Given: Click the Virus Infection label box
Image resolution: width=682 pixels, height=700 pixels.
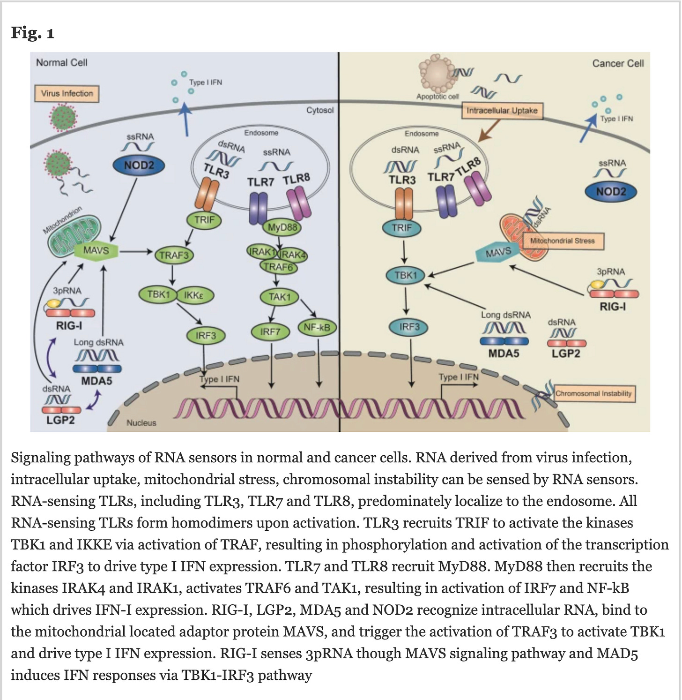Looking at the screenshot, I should pyautogui.click(x=67, y=93).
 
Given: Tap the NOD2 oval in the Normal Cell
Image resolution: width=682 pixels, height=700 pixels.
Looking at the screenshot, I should pyautogui.click(x=139, y=165).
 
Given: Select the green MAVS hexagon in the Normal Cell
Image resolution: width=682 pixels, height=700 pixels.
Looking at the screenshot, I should pyautogui.click(x=96, y=251).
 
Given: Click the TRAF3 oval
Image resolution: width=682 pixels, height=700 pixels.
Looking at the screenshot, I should pyautogui.click(x=174, y=256).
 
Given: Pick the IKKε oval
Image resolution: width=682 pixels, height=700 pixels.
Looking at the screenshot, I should pyautogui.click(x=195, y=295).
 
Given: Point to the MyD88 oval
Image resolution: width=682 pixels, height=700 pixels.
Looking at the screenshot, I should pyautogui.click(x=282, y=228).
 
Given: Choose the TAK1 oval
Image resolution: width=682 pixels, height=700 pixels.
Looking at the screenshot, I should pyautogui.click(x=279, y=297).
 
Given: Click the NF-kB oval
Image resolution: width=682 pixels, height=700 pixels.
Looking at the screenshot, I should pyautogui.click(x=317, y=327).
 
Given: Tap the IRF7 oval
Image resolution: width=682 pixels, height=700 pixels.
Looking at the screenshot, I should pyautogui.click(x=270, y=332).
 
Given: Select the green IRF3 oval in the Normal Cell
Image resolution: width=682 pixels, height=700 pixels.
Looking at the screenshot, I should pyautogui.click(x=206, y=336).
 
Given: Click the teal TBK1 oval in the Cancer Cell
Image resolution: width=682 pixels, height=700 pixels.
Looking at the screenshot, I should pyautogui.click(x=405, y=275).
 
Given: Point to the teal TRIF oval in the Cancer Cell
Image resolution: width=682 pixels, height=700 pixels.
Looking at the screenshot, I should pyautogui.click(x=401, y=228).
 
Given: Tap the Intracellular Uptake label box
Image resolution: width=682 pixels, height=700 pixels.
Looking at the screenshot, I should pyautogui.click(x=502, y=111).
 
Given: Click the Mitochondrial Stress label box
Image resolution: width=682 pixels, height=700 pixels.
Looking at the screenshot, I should pyautogui.click(x=563, y=241).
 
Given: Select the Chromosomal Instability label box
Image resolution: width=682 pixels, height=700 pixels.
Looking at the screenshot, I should pyautogui.click(x=593, y=393).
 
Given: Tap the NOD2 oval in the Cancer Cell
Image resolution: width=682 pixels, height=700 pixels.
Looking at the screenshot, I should pyautogui.click(x=611, y=191).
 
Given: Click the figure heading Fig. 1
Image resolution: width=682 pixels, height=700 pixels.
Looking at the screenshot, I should pyautogui.click(x=33, y=33).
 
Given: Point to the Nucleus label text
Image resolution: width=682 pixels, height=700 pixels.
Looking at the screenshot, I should pyautogui.click(x=141, y=423).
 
